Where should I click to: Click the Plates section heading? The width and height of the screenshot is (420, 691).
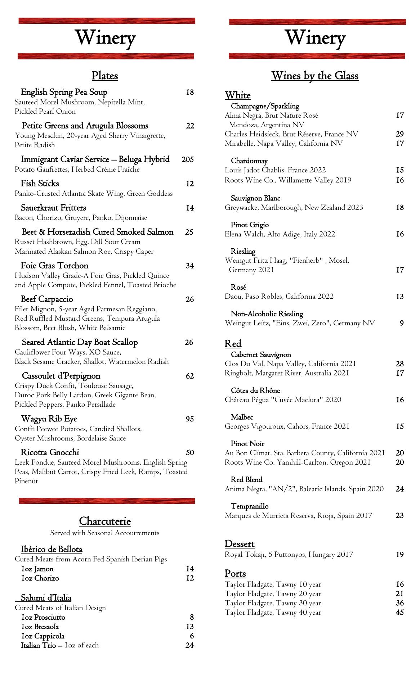[105, 76]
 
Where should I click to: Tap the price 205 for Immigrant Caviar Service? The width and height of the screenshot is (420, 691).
[188, 159]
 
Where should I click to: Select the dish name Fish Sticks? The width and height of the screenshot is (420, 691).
[40, 184]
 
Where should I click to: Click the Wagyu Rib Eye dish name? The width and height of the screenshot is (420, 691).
[49, 419]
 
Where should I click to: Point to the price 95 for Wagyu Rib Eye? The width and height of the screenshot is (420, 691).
[189, 419]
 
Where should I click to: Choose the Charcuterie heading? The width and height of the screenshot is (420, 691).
[105, 521]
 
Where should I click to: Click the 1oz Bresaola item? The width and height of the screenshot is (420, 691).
[40, 627]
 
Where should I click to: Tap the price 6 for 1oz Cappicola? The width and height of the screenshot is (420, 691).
[192, 636]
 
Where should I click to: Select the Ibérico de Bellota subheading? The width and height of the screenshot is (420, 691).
[52, 549]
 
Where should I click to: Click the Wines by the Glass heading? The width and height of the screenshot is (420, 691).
[315, 76]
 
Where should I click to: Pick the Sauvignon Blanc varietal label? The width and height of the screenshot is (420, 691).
[255, 198]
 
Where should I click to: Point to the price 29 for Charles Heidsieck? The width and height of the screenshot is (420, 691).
[399, 134]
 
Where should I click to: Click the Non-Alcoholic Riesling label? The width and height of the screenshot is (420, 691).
[267, 314]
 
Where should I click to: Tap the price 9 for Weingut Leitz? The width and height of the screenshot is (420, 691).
[402, 323]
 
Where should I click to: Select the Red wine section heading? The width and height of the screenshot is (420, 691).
[233, 344]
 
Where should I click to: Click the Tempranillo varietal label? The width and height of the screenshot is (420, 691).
[250, 506]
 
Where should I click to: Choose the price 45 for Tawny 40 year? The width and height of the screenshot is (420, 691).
[399, 612]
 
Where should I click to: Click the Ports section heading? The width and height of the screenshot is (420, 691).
[235, 573]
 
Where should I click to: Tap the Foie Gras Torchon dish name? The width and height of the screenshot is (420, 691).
[54, 266]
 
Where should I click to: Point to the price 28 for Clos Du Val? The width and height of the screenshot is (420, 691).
[399, 364]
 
